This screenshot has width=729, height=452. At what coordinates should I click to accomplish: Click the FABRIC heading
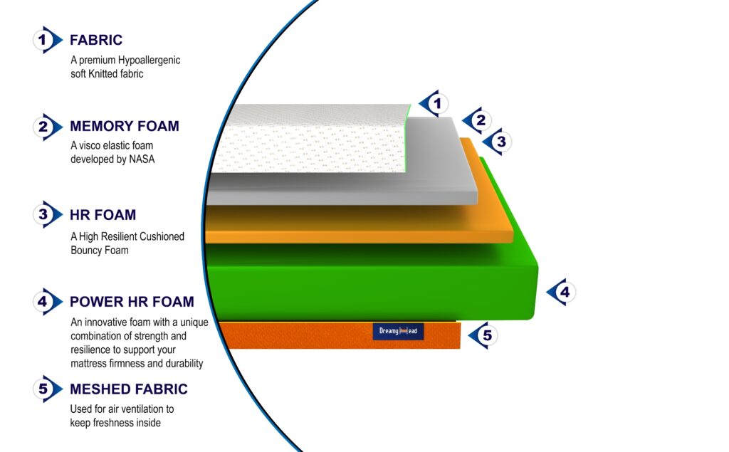point(96,40)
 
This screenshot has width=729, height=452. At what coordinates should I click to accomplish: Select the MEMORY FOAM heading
point(124,126)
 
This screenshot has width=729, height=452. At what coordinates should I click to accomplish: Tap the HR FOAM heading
point(103,215)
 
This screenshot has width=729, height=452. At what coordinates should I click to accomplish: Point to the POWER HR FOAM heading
point(132,302)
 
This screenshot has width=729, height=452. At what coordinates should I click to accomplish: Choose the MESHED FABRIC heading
point(128,389)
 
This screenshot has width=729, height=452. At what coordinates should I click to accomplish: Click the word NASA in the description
point(142,159)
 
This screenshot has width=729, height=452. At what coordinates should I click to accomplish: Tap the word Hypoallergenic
point(149,61)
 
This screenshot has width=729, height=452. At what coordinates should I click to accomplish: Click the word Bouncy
point(86,250)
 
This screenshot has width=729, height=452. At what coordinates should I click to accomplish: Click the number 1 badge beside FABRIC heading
point(47,40)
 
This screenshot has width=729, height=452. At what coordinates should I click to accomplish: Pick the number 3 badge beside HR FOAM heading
point(47,214)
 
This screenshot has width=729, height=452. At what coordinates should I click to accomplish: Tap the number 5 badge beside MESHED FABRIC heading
point(47,389)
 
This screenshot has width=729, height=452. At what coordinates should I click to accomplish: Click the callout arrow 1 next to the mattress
point(434,103)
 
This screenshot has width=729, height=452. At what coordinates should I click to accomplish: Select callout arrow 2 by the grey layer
point(476,120)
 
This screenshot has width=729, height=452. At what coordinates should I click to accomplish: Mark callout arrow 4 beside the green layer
point(561,292)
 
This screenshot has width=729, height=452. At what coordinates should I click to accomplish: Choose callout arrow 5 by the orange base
point(483,335)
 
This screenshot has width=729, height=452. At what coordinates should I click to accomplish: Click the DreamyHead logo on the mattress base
point(398,331)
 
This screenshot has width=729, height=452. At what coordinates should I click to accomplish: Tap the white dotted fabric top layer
point(309,139)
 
